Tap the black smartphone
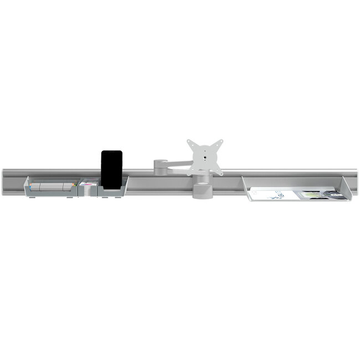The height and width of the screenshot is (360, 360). point(111,169)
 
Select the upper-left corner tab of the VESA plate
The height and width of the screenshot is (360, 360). point(189,142)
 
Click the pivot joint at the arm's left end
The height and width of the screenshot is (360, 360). point(159,165)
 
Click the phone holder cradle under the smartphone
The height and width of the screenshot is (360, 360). point(112,192)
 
